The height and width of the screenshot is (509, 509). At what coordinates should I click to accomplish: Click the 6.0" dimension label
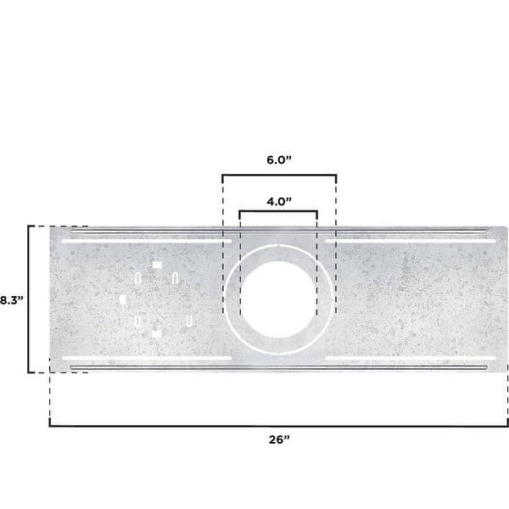pos(278,159)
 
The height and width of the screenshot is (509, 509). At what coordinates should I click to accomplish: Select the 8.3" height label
pos(11,299)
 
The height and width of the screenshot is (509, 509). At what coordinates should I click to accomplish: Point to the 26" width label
pos(277,439)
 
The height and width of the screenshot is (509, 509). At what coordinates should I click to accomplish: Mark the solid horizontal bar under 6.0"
pos(278,176)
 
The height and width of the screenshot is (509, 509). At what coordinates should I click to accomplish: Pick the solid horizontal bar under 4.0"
pos(278,212)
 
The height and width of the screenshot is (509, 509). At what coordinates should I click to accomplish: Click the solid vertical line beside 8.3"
pos(30,299)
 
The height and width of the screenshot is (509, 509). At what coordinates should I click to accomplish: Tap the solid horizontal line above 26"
pos(277,424)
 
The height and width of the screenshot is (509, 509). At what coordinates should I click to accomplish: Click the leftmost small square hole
pos(124,299)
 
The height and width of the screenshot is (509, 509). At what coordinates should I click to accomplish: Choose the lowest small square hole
pos(156,334)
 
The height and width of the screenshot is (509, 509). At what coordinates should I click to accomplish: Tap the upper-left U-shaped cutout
pos(138,277)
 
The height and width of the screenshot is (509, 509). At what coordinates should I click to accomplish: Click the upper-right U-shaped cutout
pos(175,277)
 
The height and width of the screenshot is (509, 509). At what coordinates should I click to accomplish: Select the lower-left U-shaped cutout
pos(137,322)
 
